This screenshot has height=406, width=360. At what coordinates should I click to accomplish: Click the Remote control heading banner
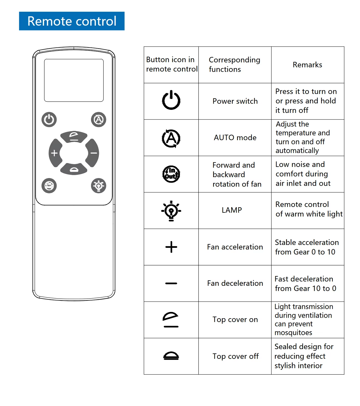(x=72, y=21)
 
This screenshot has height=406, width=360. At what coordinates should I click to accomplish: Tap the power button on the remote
(x=49, y=119)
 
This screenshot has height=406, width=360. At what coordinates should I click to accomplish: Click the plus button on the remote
(x=55, y=153)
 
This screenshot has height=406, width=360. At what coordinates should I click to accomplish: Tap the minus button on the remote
(x=93, y=153)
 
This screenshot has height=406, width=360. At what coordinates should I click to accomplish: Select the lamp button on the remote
(x=98, y=186)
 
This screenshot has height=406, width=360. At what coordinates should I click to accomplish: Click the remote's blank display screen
(x=74, y=80)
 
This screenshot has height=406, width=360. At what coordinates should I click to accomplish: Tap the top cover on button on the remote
(x=74, y=136)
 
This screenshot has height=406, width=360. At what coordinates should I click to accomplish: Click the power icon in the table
(x=171, y=100)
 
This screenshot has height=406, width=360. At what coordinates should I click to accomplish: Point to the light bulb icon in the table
(x=171, y=210)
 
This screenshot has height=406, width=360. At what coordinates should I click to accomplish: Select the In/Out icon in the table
(x=171, y=174)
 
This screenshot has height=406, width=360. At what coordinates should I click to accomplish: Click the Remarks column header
(x=307, y=65)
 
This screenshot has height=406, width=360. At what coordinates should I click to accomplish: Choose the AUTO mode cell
(x=235, y=137)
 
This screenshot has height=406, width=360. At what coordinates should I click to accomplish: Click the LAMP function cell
(x=232, y=210)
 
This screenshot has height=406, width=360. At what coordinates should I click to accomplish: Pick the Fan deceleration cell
(x=235, y=283)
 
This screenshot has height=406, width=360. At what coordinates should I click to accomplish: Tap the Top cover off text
(x=235, y=356)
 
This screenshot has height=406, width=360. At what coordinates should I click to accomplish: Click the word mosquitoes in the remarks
(x=293, y=333)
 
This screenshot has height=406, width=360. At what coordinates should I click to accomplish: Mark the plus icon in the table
(x=171, y=247)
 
